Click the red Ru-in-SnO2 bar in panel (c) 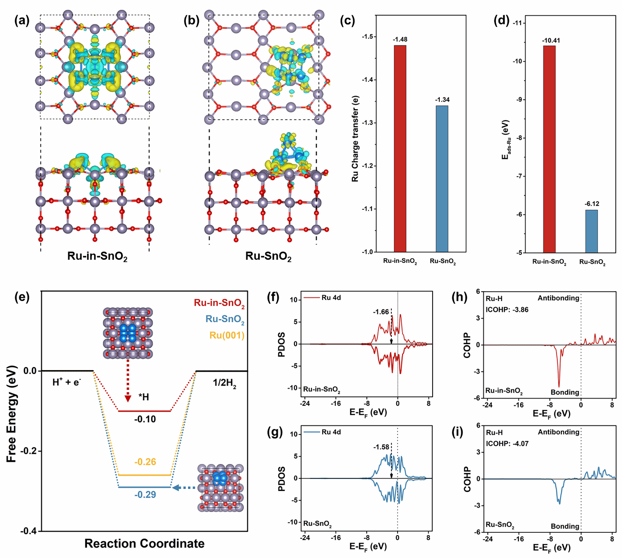(400, 148)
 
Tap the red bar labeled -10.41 (549, 149)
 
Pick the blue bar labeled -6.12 (591, 231)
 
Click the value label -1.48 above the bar (400, 40)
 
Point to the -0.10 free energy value (145, 419)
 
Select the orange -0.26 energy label (145, 462)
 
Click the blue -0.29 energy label (145, 495)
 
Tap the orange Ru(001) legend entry (227, 335)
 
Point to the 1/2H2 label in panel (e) (224, 383)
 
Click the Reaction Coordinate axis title (145, 544)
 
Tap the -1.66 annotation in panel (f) (381, 312)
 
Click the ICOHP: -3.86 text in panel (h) (507, 310)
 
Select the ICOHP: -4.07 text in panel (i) (507, 443)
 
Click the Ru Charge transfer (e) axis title (355, 138)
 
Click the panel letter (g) (275, 432)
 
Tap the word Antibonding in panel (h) (558, 298)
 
